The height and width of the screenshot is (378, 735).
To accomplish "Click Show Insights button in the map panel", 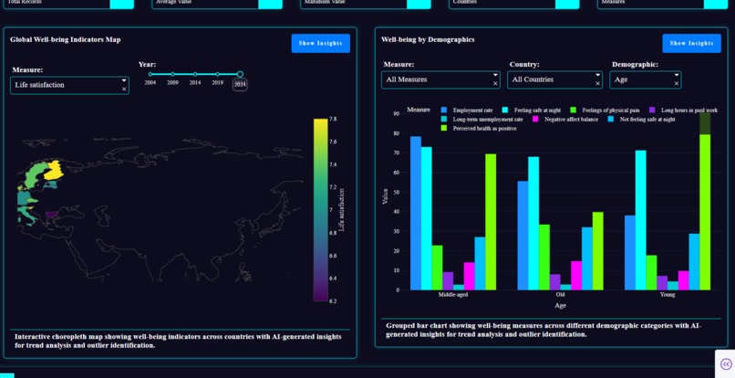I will point(320,43).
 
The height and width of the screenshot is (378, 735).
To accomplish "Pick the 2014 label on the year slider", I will point(195,83).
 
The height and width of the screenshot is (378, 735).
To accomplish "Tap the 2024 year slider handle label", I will point(240,84).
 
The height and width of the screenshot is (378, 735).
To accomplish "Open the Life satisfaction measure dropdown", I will point(69,85).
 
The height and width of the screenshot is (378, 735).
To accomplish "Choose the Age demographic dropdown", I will point(645,80).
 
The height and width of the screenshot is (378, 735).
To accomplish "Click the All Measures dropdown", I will point(440,80).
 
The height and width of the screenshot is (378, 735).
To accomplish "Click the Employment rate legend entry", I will point(472,110).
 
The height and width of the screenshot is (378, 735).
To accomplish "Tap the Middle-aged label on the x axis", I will point(453,294).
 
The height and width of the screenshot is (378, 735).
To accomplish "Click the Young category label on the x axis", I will point(667,294).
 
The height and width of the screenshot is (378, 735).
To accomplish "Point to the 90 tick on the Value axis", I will point(397,114).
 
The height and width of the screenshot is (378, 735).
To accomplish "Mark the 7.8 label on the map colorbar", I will point(333,120).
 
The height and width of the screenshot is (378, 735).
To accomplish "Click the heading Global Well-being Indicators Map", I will point(65,40).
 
